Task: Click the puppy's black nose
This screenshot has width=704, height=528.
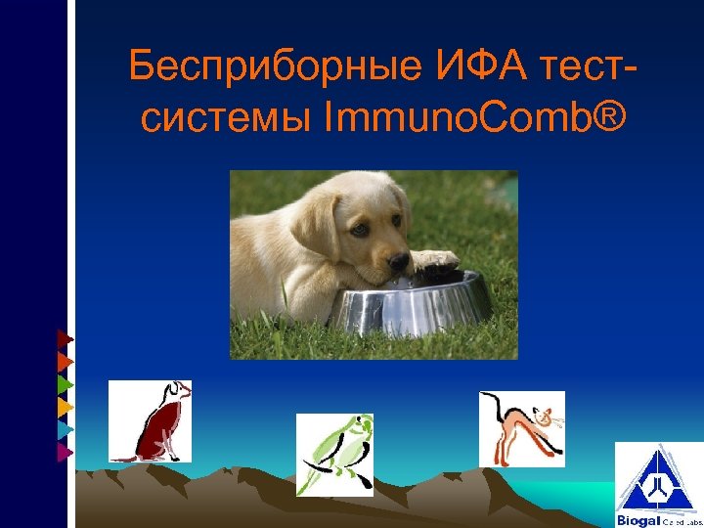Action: coord(398,262)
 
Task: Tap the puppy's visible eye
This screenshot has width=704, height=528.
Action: coord(361,228)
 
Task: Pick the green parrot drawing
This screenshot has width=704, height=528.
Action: coord(334,452)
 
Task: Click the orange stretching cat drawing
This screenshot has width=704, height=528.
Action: coord(521,429)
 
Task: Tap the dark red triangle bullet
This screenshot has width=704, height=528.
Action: coord(65,339)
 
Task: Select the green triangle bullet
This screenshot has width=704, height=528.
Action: coord(65,384)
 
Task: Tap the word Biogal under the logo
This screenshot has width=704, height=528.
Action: coord(638,520)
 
